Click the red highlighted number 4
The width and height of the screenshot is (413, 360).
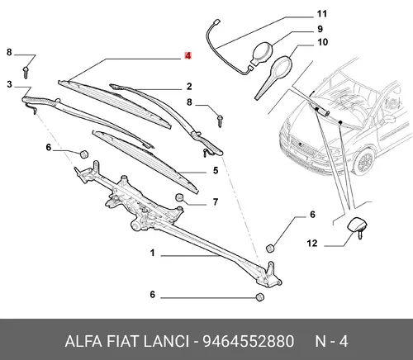click(188, 56)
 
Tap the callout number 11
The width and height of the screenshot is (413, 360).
click(321, 14)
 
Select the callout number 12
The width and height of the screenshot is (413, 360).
click(312, 244)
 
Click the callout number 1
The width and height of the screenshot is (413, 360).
click(153, 253)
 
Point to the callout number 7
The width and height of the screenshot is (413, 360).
click(216, 202)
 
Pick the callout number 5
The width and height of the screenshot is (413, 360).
click(216, 170)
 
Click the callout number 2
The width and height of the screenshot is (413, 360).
click(189, 87)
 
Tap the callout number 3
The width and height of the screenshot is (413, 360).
click(10, 84)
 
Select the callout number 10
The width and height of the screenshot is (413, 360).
click(323, 42)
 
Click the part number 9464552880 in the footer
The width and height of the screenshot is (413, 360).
click(249, 341)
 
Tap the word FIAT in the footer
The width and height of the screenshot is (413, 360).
click(123, 341)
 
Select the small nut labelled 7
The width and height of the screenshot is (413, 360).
click(179, 197)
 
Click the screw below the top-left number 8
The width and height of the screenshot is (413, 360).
click(26, 72)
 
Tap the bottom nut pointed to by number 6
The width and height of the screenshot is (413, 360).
click(259, 296)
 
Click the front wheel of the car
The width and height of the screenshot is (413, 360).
click(363, 161)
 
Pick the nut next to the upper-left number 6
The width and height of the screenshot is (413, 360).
click(83, 154)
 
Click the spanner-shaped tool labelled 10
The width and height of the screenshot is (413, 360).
click(273, 77)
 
